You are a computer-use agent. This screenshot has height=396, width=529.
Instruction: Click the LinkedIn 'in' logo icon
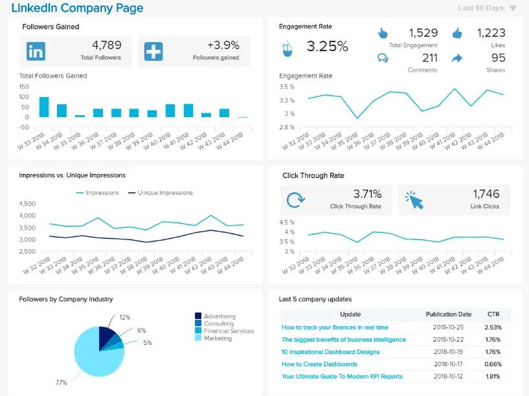pyautogui.click(x=36, y=51)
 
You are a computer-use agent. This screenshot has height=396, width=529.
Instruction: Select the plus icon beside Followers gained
pyautogui.click(x=153, y=51)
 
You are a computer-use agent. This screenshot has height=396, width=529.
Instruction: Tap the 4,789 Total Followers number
pyautogui.click(x=106, y=45)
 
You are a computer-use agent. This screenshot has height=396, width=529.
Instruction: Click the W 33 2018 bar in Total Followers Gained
pyautogui.click(x=44, y=107)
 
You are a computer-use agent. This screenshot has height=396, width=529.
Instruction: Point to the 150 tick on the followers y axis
pyautogui.click(x=24, y=86)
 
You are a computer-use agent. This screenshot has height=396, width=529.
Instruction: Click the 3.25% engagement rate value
pyautogui.click(x=327, y=47)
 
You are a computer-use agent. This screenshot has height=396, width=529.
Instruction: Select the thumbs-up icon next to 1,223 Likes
pyautogui.click(x=458, y=33)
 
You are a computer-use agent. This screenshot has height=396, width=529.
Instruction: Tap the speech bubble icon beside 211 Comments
pyautogui.click(x=383, y=58)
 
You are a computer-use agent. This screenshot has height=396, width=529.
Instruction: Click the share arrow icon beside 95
pyautogui.click(x=457, y=58)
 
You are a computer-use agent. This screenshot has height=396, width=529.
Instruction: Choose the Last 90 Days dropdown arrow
pyautogui.click(x=513, y=8)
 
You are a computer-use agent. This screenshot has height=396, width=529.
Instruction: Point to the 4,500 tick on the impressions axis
pyautogui.click(x=28, y=204)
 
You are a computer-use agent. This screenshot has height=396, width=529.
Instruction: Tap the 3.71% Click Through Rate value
pyautogui.click(x=366, y=193)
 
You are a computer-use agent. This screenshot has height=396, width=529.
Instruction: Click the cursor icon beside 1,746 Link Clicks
pyautogui.click(x=414, y=200)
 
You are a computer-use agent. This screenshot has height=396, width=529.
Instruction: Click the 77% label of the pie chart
pyautogui.click(x=61, y=382)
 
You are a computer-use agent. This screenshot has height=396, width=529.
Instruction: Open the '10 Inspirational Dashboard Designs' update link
pyautogui.click(x=330, y=352)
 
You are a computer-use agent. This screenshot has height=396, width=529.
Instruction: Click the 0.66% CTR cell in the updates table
pyautogui.click(x=493, y=364)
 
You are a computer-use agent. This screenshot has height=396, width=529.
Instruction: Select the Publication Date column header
pyautogui.click(x=449, y=314)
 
